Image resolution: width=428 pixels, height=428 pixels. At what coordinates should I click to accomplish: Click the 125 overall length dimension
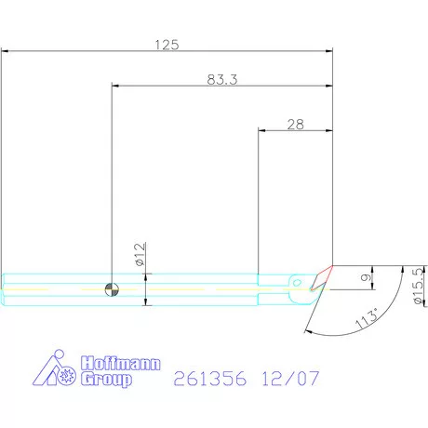[x=167, y=45]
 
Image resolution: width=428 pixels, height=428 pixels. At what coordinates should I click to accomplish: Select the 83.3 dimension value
[x=222, y=80]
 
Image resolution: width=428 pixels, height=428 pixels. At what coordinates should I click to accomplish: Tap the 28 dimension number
[x=295, y=125]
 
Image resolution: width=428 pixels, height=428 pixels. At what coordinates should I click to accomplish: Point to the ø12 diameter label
[x=140, y=254]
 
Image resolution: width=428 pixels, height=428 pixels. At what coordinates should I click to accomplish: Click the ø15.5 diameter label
[x=419, y=286]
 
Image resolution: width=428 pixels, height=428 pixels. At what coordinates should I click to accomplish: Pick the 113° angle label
[x=367, y=318]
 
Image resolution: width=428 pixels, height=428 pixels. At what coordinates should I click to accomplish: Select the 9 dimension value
[x=366, y=277]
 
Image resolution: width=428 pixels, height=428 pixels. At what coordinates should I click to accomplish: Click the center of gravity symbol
[x=112, y=289]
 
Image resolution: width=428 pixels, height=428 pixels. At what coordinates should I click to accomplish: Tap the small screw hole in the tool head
[x=297, y=283]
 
